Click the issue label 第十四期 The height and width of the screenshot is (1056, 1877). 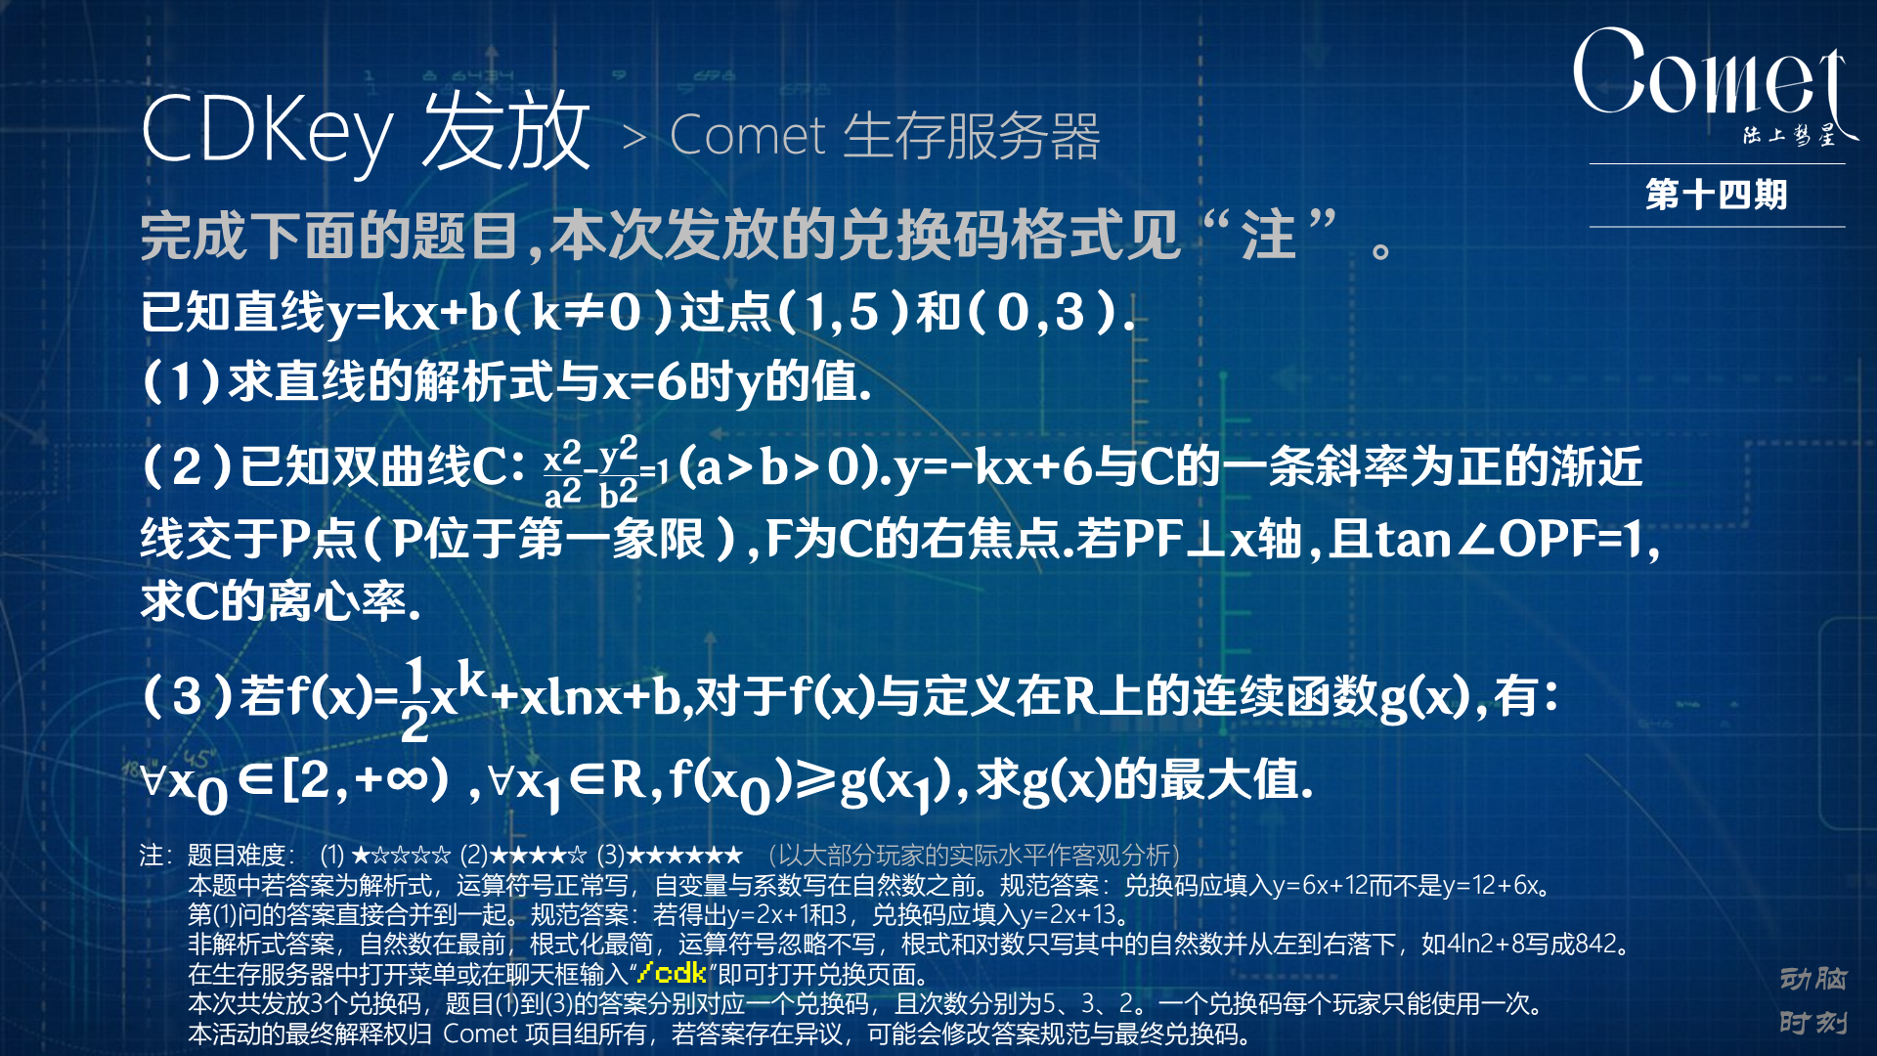(x=1717, y=195)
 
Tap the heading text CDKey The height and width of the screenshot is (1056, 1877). (x=266, y=132)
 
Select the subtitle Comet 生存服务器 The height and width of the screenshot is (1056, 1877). (x=885, y=136)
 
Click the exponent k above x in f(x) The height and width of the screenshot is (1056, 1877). (x=472, y=678)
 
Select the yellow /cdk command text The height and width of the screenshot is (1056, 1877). (x=671, y=973)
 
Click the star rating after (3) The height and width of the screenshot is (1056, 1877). (x=684, y=856)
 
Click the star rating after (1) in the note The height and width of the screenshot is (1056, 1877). (x=401, y=856)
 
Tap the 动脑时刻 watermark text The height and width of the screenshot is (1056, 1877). (x=1813, y=999)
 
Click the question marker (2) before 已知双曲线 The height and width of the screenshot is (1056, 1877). (x=187, y=466)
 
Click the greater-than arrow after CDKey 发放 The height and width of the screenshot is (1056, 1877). (x=634, y=138)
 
